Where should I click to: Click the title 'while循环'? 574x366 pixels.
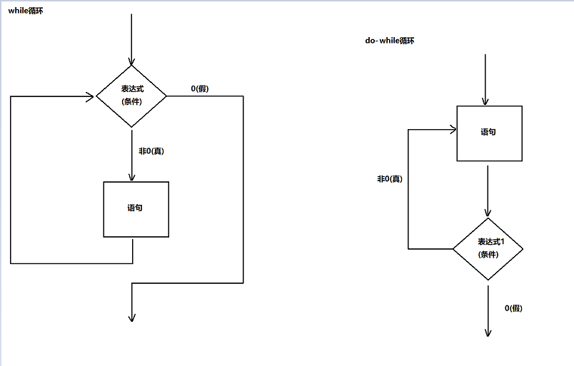pos(26,11)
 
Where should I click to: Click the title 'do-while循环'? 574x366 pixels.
pos(390,41)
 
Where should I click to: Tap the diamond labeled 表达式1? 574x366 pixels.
pos(488,248)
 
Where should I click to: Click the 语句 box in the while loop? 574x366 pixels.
pos(136,208)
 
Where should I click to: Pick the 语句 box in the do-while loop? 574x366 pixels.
pos(488,133)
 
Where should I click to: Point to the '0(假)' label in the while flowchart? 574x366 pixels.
pos(200,88)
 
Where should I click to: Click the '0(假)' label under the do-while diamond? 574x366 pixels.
pos(514,308)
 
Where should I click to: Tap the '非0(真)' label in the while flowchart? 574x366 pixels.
pos(151,151)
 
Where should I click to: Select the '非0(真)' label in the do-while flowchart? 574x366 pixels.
pos(390,178)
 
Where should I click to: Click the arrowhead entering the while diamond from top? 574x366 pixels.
pos(131,61)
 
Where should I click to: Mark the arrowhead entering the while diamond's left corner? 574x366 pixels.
pos(92,96)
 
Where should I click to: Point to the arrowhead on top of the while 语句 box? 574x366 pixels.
pos(132,178)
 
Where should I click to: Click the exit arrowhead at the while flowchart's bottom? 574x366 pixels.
pos(132,318)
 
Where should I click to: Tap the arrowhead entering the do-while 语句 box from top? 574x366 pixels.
pos(485,102)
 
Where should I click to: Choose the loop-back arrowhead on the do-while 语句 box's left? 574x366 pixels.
pos(453,130)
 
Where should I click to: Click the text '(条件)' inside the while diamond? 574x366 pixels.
pos(131,101)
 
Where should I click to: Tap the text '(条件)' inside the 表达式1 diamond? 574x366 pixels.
pos(488,255)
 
